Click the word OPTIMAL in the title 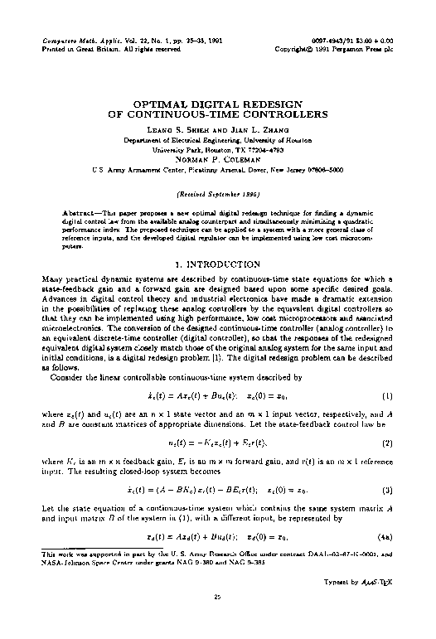click(x=157, y=106)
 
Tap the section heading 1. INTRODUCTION click(x=218, y=263)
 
